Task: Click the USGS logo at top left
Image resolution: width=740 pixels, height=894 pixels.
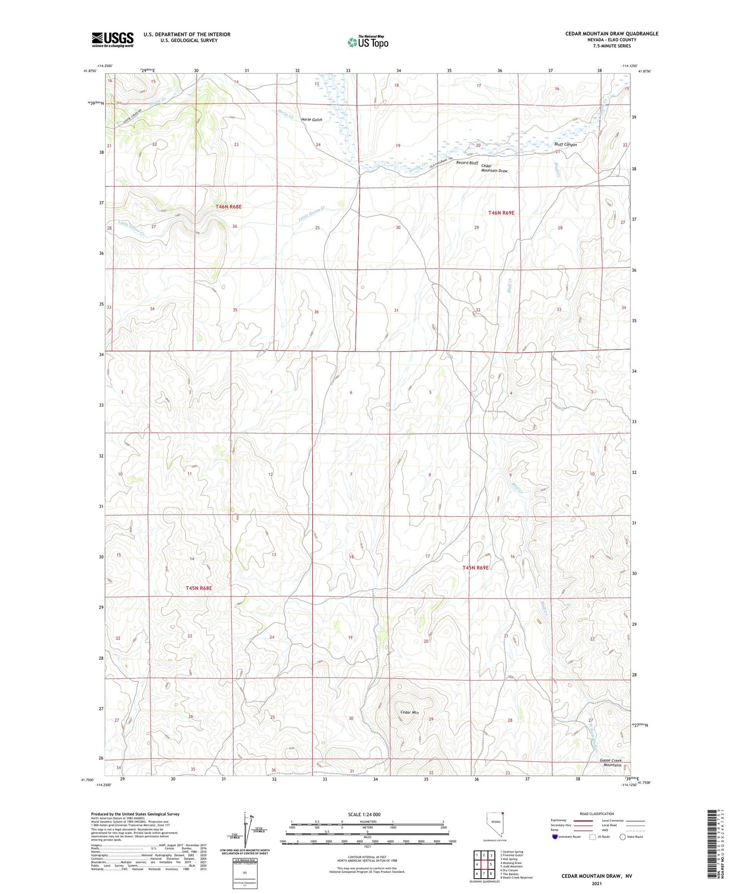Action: [x=112, y=39]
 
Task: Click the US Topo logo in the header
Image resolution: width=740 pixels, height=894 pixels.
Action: [x=368, y=42]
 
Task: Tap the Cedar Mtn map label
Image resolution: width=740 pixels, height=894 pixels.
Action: [x=409, y=712]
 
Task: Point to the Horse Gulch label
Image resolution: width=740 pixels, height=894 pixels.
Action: [x=311, y=120]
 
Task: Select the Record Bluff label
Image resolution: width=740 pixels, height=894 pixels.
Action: [x=467, y=162]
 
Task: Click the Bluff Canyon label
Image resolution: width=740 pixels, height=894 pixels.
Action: [x=565, y=144]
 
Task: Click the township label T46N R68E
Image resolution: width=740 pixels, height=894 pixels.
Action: [x=228, y=207]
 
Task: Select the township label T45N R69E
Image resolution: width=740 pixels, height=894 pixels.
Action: [x=475, y=568]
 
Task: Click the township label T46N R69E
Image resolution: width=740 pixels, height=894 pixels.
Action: [x=501, y=213]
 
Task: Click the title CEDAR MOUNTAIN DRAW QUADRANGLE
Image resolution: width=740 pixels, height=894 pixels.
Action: [x=611, y=34]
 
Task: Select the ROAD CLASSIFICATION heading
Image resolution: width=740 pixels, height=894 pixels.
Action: [x=597, y=814]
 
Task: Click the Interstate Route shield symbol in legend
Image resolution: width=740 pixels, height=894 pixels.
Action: [x=555, y=837]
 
